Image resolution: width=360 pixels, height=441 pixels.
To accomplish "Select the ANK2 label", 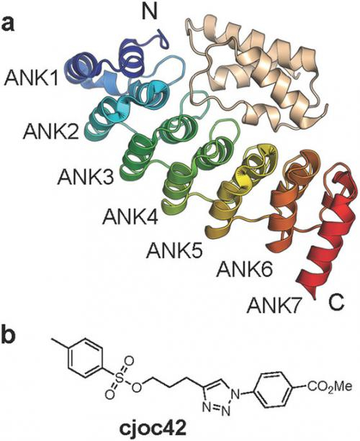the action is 51,132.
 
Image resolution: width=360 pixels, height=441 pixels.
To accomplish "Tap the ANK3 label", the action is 86,177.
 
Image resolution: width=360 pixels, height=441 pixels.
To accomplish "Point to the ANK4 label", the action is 130,217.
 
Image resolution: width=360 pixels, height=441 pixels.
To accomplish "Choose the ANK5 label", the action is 174,250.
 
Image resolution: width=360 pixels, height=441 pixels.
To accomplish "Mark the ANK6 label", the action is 244,270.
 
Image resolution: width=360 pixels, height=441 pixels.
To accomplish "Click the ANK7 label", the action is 274,306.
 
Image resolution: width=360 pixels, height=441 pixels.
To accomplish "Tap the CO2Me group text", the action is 330,386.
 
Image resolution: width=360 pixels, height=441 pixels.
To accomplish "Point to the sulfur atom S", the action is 120,379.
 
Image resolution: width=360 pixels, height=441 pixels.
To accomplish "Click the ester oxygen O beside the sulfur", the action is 137,388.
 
